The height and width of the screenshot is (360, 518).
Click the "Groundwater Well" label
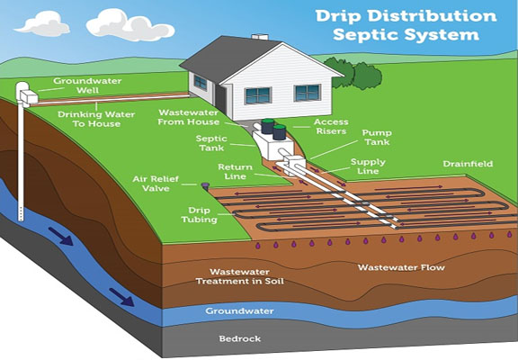pos(87,85)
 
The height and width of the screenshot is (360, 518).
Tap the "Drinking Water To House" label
pos(96,119)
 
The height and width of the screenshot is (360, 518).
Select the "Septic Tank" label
pos(211,143)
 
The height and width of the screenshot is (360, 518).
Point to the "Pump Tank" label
pos(377,137)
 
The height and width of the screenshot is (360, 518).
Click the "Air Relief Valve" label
pos(156,184)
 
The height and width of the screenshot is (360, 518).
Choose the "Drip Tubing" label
pos(200,215)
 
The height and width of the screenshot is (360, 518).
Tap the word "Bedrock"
pos(240,338)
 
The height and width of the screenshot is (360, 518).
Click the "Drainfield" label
pos(468,164)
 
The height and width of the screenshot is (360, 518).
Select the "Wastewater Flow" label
pos(401,267)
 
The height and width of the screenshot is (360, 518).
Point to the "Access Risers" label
pos(331,126)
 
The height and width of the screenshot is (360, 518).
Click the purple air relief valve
pos(205,185)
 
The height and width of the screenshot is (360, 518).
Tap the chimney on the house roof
pos(260,37)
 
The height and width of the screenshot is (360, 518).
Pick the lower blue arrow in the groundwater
pos(122,296)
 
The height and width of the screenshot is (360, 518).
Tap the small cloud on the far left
pos(42,23)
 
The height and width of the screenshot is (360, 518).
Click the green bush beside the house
pos(353,73)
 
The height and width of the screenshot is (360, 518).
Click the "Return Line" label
pos(235,172)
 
